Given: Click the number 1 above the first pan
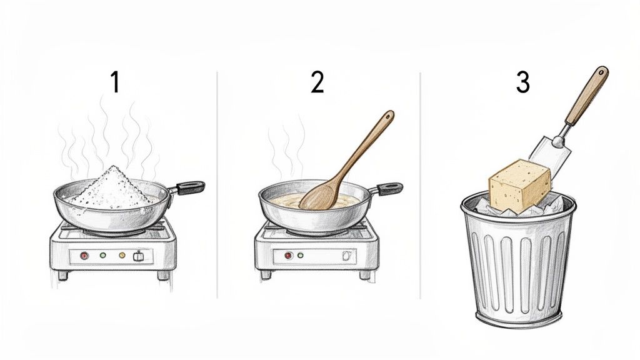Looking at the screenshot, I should click(x=114, y=82).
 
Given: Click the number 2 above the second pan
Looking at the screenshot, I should click(x=317, y=82).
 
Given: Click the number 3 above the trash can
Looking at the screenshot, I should click(x=523, y=82).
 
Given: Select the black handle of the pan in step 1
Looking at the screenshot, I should click(x=190, y=186).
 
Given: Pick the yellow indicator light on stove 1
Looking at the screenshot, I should click(x=122, y=255).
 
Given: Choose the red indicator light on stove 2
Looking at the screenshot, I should click(x=289, y=255).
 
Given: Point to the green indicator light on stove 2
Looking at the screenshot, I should click(x=301, y=255).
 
